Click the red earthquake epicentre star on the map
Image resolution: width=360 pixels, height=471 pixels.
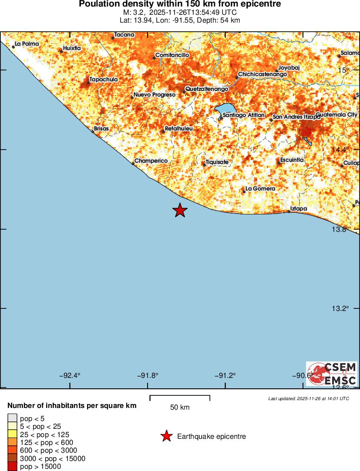pos(180,210)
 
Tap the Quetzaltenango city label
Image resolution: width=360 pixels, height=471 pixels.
pos(206,89)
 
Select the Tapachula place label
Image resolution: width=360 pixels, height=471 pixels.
pos(104,80)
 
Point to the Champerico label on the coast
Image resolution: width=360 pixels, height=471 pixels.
pos(151,161)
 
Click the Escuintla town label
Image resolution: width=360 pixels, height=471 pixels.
pos(292,160)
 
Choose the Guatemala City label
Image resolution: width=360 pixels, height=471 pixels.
pos(336,114)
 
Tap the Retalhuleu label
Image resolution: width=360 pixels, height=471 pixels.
pos(179,129)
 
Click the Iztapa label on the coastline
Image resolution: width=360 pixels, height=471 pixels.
pos(299,209)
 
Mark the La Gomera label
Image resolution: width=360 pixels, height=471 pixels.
pos(260,189)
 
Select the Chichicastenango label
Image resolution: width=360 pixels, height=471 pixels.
pos(262,74)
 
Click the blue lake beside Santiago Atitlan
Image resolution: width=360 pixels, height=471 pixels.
pos(225,109)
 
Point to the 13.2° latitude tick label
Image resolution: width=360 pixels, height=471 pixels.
pos(340,309)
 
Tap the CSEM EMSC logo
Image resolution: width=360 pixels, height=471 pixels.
pos(332,374)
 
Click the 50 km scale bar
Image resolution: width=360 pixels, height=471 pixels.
pos(180,398)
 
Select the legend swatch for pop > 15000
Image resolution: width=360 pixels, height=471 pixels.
pos(12,467)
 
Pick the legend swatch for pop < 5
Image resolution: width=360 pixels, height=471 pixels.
pos(12,418)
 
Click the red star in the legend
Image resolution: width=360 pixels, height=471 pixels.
pos(166,436)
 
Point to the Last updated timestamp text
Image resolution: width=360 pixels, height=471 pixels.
pos(308,398)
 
